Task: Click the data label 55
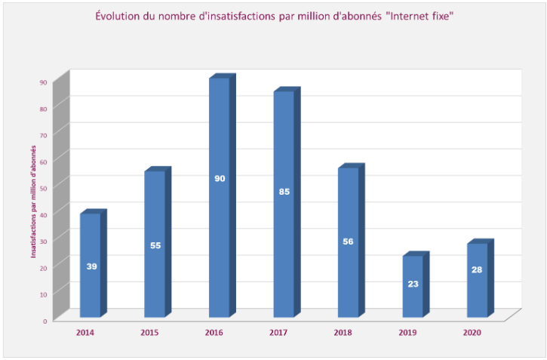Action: [x=155, y=245]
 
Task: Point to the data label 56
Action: [x=348, y=242]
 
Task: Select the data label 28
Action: [x=477, y=269]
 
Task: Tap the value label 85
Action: [x=284, y=192]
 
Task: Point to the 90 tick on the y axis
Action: [x=43, y=82]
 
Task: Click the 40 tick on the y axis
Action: [x=43, y=214]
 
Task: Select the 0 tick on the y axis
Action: [x=45, y=321]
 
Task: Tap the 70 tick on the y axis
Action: [x=43, y=135]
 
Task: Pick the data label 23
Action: [x=412, y=285]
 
